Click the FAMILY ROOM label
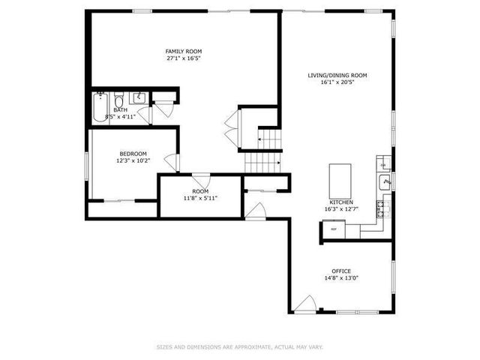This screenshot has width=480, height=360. click(184, 51)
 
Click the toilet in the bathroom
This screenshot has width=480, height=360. click(119, 100)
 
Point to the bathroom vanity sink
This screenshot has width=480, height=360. click(139, 98)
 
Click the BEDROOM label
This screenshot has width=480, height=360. click(133, 154)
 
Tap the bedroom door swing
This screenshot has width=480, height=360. click(172, 160)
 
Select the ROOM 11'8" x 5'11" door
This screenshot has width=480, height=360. click(199, 179)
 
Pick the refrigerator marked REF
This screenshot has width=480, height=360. click(334, 229)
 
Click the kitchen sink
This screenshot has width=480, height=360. click(384, 181)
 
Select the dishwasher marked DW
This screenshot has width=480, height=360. click(382, 165)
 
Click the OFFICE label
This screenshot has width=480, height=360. click(341, 271)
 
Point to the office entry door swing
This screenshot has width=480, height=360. click(304, 304)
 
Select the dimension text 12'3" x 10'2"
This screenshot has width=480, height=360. click(133, 160)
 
